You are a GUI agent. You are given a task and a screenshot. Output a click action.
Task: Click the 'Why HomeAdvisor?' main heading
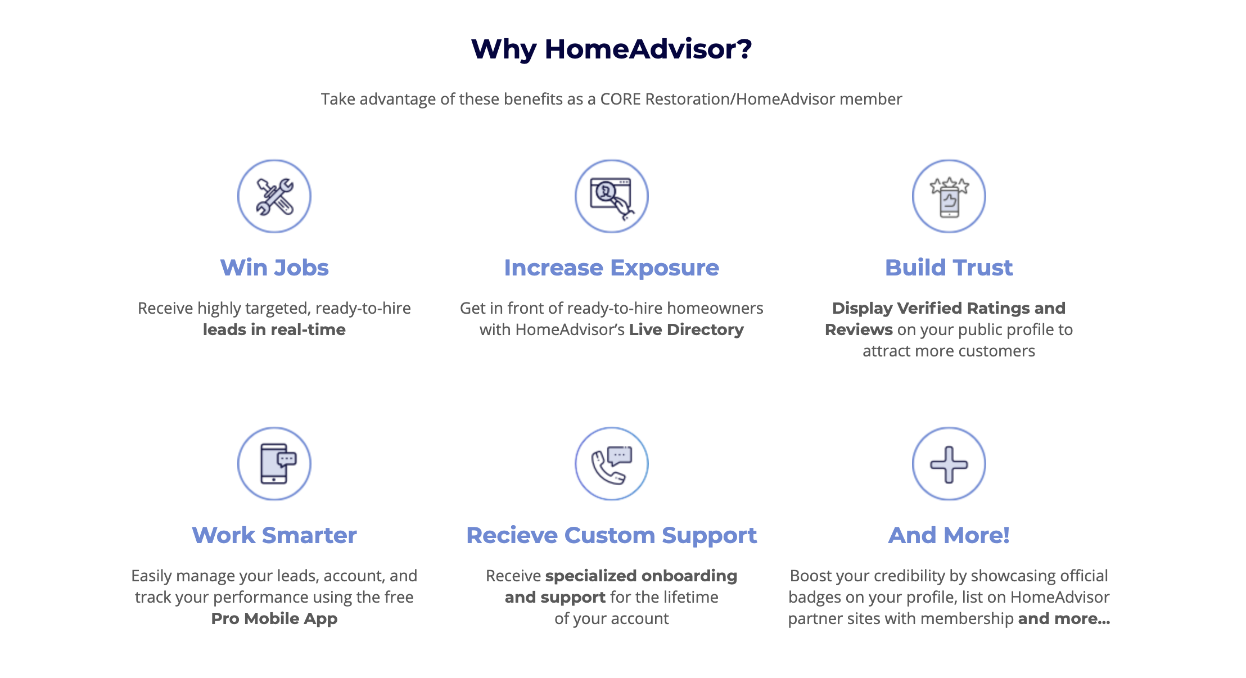(x=612, y=49)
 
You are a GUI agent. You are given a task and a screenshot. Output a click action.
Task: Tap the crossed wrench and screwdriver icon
(x=274, y=196)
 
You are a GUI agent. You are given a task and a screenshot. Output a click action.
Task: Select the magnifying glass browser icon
(x=612, y=196)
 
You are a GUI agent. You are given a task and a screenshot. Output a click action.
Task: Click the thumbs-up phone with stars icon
(x=949, y=196)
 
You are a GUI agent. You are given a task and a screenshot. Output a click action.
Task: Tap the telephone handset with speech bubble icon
(x=612, y=464)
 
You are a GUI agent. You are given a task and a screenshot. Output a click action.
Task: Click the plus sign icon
(x=949, y=464)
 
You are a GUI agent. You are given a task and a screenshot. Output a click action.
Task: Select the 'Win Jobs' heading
(x=274, y=268)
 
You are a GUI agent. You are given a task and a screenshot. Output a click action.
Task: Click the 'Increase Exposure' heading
(x=612, y=268)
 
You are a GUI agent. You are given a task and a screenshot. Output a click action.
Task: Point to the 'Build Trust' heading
(x=949, y=268)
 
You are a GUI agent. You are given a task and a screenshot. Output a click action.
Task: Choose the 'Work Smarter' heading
(x=274, y=535)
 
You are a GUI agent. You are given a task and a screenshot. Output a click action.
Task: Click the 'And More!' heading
(x=949, y=535)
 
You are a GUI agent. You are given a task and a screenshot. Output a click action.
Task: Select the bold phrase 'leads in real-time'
(x=274, y=329)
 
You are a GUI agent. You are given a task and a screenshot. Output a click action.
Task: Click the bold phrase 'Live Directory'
(x=687, y=330)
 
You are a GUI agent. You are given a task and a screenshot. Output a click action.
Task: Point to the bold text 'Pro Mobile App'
(x=274, y=619)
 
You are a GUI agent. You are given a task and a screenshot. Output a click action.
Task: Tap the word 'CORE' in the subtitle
(x=621, y=99)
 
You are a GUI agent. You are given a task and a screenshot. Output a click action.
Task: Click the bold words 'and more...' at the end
(x=1064, y=618)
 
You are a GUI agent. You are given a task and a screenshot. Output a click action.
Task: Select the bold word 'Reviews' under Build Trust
(x=859, y=329)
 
